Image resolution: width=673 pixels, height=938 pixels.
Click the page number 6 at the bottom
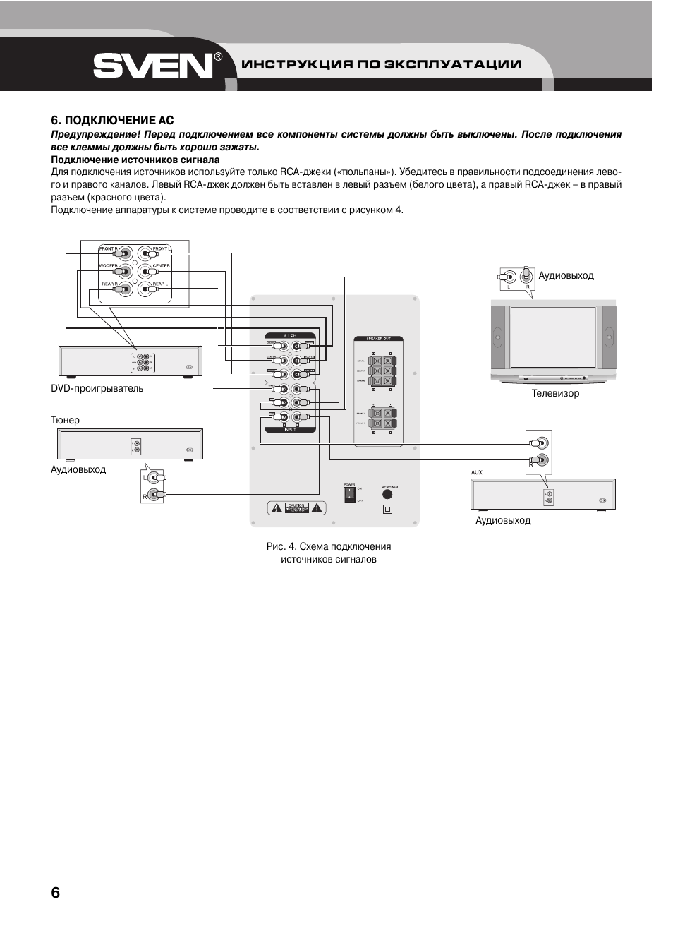[x=56, y=891]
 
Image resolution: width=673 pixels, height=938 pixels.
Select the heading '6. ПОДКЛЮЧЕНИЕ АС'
[x=112, y=121]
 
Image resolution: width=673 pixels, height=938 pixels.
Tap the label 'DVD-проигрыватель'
[x=97, y=388]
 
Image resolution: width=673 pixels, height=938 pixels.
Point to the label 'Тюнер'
[x=65, y=420]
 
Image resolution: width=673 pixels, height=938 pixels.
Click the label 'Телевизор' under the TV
[x=555, y=393]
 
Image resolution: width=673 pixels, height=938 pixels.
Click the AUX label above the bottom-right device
[x=477, y=472]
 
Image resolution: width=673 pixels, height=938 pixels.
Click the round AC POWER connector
[x=387, y=495]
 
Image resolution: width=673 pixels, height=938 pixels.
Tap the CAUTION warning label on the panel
[x=296, y=507]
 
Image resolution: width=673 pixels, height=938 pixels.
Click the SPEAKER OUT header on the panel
[x=377, y=339]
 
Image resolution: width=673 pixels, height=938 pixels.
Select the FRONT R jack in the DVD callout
[x=125, y=253]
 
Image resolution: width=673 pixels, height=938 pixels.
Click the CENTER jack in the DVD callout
[x=145, y=271]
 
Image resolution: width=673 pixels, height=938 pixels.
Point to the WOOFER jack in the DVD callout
[x=125, y=271]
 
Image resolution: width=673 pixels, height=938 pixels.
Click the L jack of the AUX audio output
[x=541, y=443]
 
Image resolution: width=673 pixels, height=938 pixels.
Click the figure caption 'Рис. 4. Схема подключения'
[x=328, y=546]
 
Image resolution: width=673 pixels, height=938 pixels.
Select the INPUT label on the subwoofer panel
[x=290, y=428]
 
